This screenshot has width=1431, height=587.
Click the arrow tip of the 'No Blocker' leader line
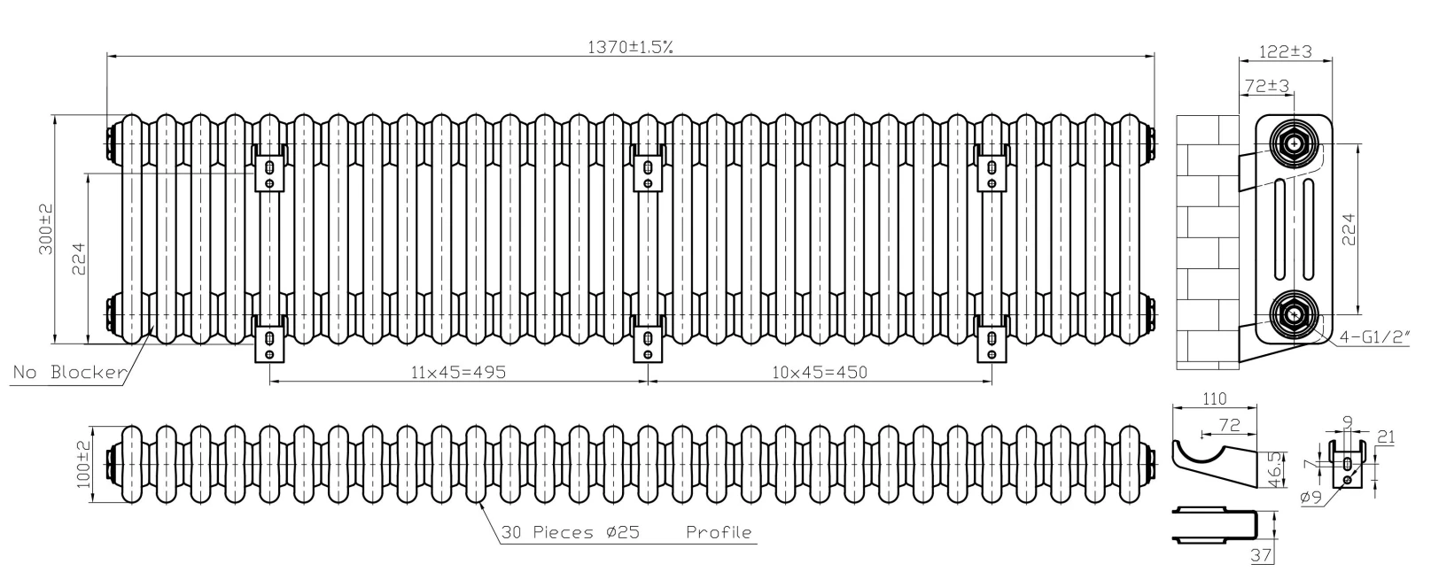[153, 326]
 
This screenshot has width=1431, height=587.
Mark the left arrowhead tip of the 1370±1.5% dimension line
[106, 57]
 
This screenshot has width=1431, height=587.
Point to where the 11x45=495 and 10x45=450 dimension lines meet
[649, 382]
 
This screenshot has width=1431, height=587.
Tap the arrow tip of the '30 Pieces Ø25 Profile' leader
[479, 502]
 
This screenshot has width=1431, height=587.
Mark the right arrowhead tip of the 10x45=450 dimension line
[992, 382]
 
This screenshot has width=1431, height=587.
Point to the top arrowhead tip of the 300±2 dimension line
[56, 115]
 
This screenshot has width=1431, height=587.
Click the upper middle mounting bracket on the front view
[648, 168]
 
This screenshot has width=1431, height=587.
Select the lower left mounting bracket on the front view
[269, 338]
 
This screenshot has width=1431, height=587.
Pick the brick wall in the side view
[1208, 243]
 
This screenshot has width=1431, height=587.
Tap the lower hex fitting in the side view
[1294, 314]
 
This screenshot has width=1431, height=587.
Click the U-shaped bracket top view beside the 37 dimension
[1215, 526]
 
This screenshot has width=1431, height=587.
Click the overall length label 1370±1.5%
[630, 47]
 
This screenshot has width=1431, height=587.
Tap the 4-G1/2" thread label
[1374, 337]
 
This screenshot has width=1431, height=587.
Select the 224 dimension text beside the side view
[1348, 229]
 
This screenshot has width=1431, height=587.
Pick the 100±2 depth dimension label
[83, 465]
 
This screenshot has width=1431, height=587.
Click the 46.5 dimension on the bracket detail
[1275, 469]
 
